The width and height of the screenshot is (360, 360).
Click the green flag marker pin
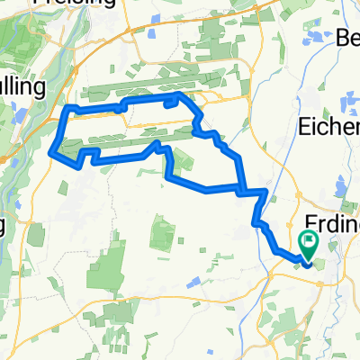click(310, 241)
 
